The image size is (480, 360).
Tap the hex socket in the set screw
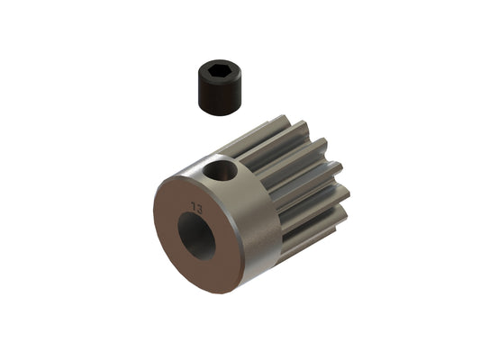215,69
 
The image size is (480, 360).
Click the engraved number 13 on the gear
197,207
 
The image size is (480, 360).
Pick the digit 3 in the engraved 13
200,207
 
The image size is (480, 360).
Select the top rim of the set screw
215,62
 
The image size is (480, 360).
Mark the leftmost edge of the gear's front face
155,225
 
